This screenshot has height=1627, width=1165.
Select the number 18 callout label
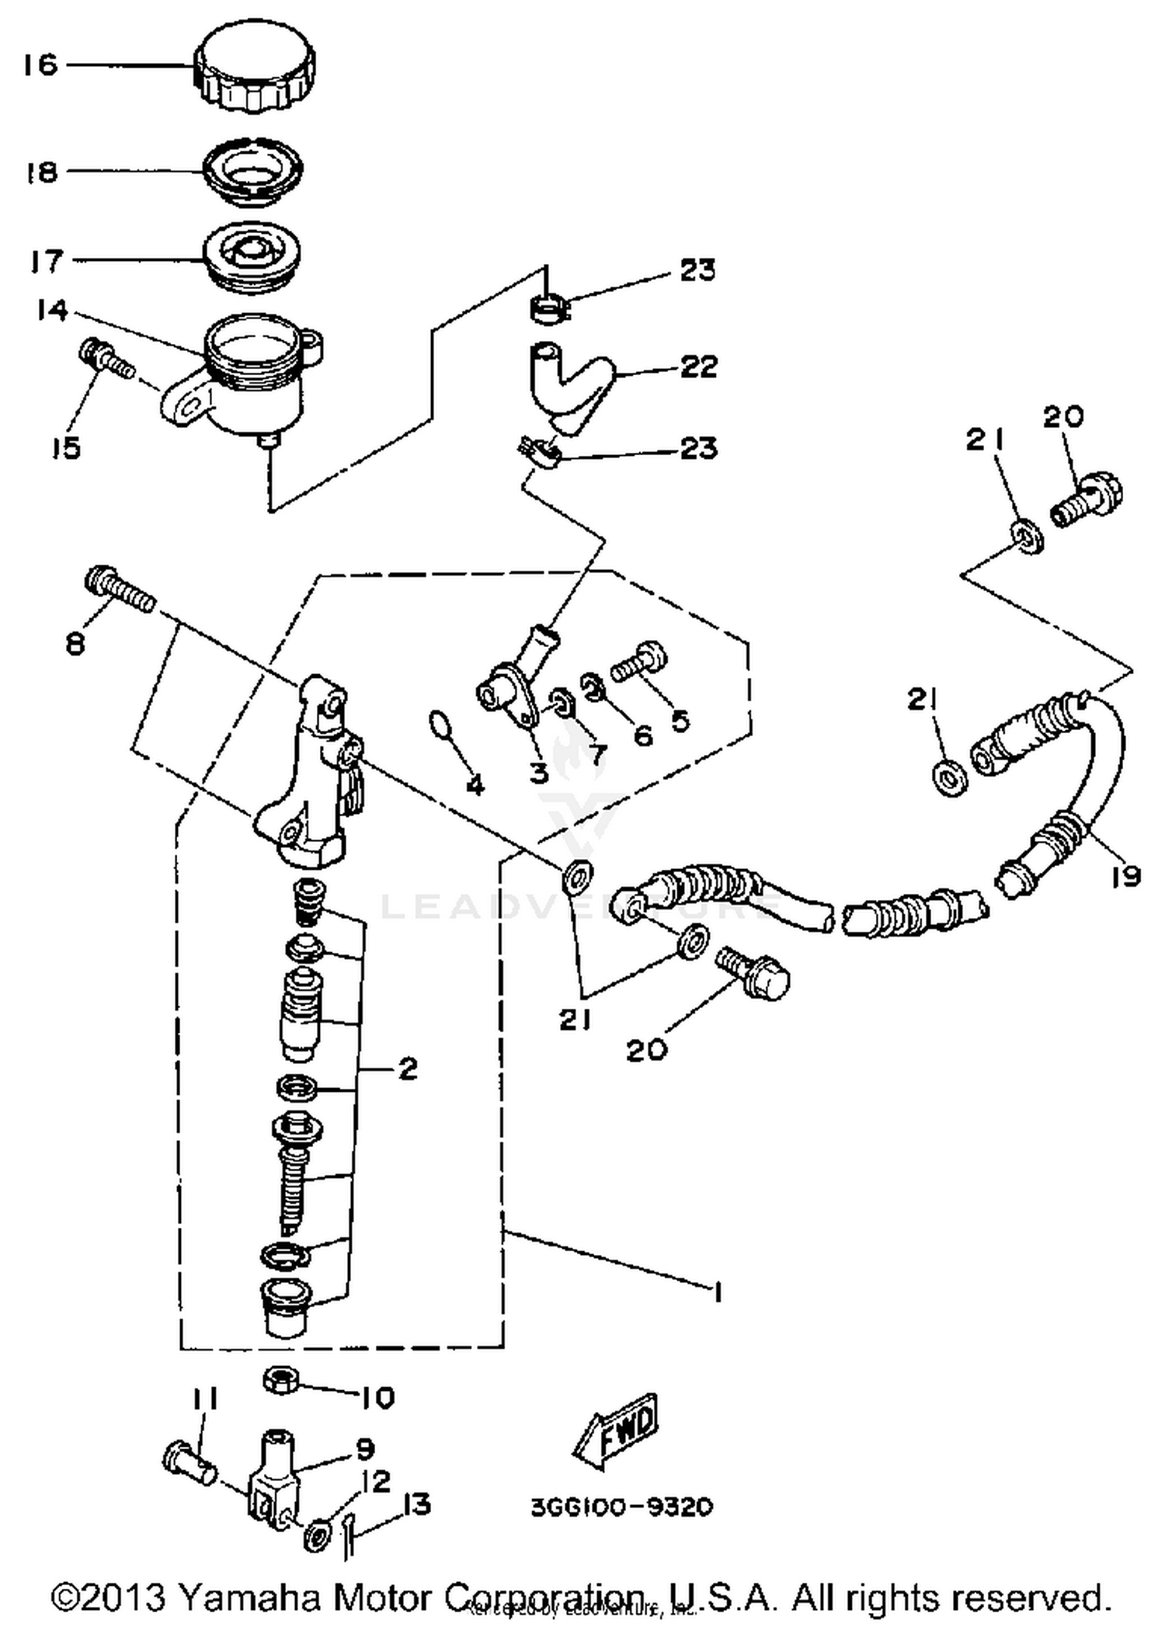[43, 172]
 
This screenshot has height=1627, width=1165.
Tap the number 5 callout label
[680, 721]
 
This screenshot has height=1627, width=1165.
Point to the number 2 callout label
[407, 1069]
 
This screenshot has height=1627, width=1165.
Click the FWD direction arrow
[617, 1431]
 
